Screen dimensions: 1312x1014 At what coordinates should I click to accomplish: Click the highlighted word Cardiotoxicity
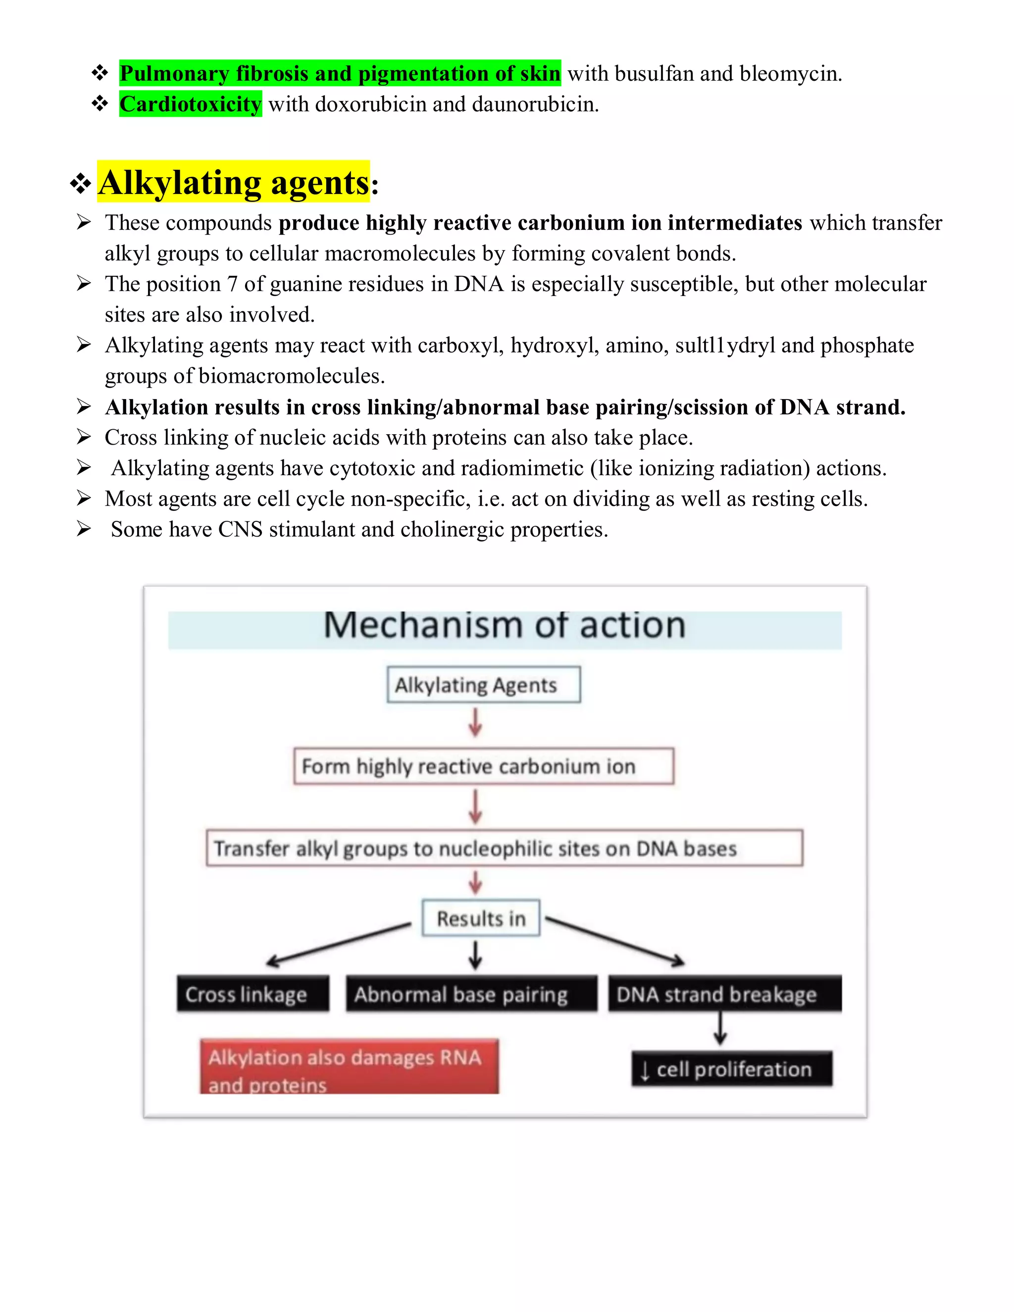[191, 104]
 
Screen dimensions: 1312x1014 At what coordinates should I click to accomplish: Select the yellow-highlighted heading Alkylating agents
[234, 183]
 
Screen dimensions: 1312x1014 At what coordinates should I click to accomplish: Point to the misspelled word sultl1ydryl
[725, 346]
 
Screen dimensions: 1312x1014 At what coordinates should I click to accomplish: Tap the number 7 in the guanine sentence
[232, 284]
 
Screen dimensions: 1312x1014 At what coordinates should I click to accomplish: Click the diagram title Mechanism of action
[505, 625]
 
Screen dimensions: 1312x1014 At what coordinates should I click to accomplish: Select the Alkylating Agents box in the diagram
[484, 685]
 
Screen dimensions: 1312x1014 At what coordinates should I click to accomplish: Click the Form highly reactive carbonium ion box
[484, 766]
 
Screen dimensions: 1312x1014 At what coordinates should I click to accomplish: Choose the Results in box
[481, 918]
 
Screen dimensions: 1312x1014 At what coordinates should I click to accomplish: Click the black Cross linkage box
[253, 995]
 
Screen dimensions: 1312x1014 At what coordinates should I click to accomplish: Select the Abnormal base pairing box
[471, 995]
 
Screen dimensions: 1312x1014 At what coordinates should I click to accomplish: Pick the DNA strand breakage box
[724, 995]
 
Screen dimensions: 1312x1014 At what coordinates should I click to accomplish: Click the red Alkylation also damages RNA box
[349, 1067]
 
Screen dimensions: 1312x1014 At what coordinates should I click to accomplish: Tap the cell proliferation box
[732, 1069]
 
